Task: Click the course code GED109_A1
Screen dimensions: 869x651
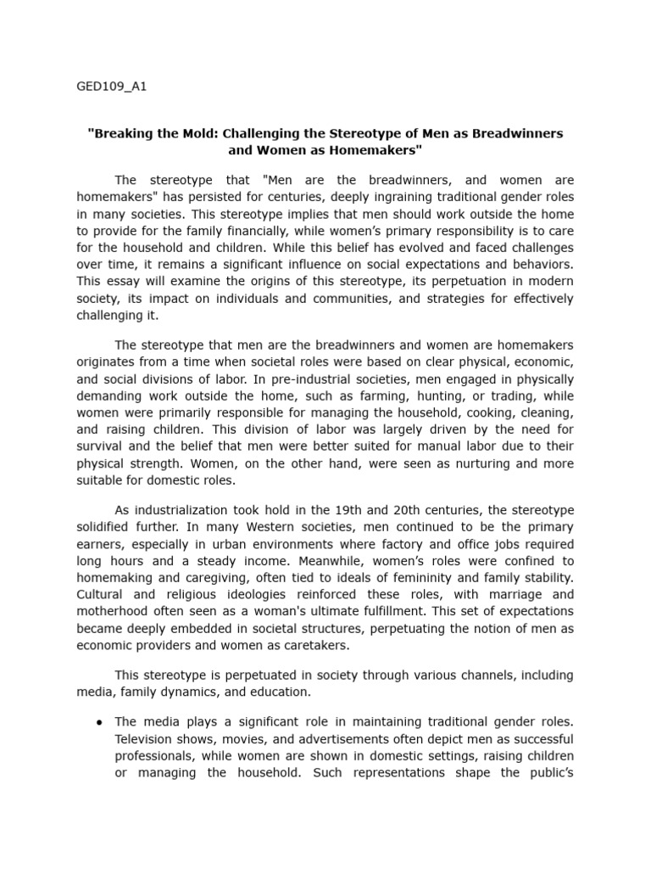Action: click(x=112, y=87)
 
